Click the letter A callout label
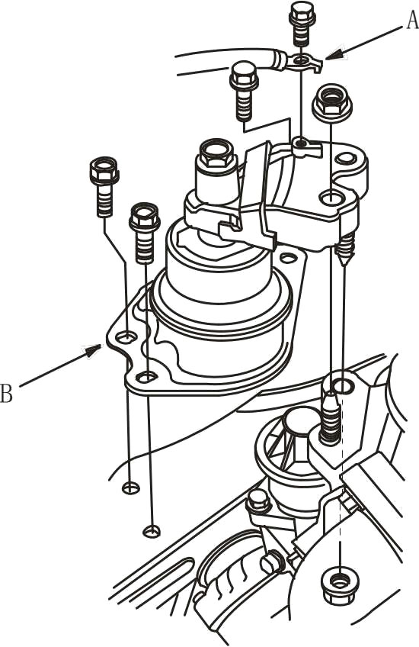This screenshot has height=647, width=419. tap(412, 20)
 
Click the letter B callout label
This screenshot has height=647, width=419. tap(6, 393)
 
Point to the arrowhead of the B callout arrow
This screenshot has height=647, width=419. tap(93, 350)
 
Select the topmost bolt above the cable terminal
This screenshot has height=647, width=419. tap(302, 24)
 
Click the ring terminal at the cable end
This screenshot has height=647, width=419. tap(300, 62)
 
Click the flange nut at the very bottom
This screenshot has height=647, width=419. tap(339, 585)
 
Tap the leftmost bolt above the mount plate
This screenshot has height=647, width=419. tap(104, 187)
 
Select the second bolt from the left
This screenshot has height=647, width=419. tap(145, 233)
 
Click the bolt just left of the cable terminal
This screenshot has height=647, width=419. tap(242, 92)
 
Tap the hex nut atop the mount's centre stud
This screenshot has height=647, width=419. tap(216, 153)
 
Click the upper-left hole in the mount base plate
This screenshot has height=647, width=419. tap(126, 337)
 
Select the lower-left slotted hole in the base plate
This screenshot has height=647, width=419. tap(147, 376)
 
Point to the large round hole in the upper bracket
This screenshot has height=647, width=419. tap(332, 198)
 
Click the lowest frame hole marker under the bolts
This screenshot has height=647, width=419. tap(151, 532)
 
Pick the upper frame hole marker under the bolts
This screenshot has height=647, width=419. tap(131, 488)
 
